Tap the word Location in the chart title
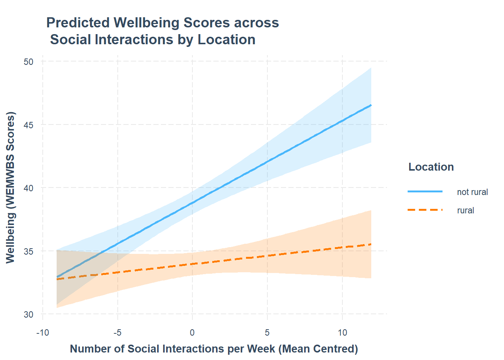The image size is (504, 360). click(226, 40)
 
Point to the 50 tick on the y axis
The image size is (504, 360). click(28, 62)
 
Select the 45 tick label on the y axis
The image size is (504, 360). click(28, 125)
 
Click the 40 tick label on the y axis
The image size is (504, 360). click(28, 188)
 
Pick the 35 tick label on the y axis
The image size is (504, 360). click(28, 251)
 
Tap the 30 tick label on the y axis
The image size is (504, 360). click(28, 315)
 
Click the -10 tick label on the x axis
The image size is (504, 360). click(42, 333)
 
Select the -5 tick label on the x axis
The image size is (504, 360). click(117, 333)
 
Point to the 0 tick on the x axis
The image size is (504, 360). click(192, 333)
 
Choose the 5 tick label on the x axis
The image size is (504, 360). click(267, 333)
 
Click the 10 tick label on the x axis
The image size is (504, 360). click(342, 333)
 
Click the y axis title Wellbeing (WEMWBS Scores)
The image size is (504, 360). click(10, 187)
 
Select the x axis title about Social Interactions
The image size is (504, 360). click(214, 349)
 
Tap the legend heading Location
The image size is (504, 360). click(431, 167)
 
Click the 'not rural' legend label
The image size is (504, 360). click(472, 192)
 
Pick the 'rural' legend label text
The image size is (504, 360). click(465, 210)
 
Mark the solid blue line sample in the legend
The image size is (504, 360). click(425, 192)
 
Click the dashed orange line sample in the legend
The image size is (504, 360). click(425, 210)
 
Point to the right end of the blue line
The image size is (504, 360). click(371, 105)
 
